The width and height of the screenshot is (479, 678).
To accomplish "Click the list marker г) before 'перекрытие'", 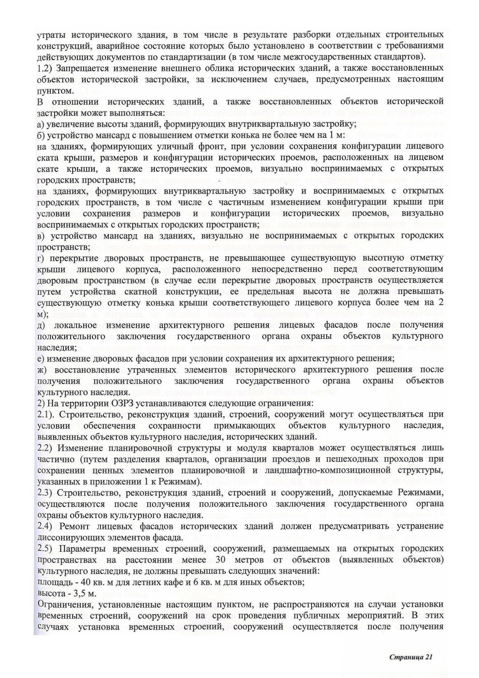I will tap(40, 258).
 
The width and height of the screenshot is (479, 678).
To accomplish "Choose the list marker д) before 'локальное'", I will tap(41, 325).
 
